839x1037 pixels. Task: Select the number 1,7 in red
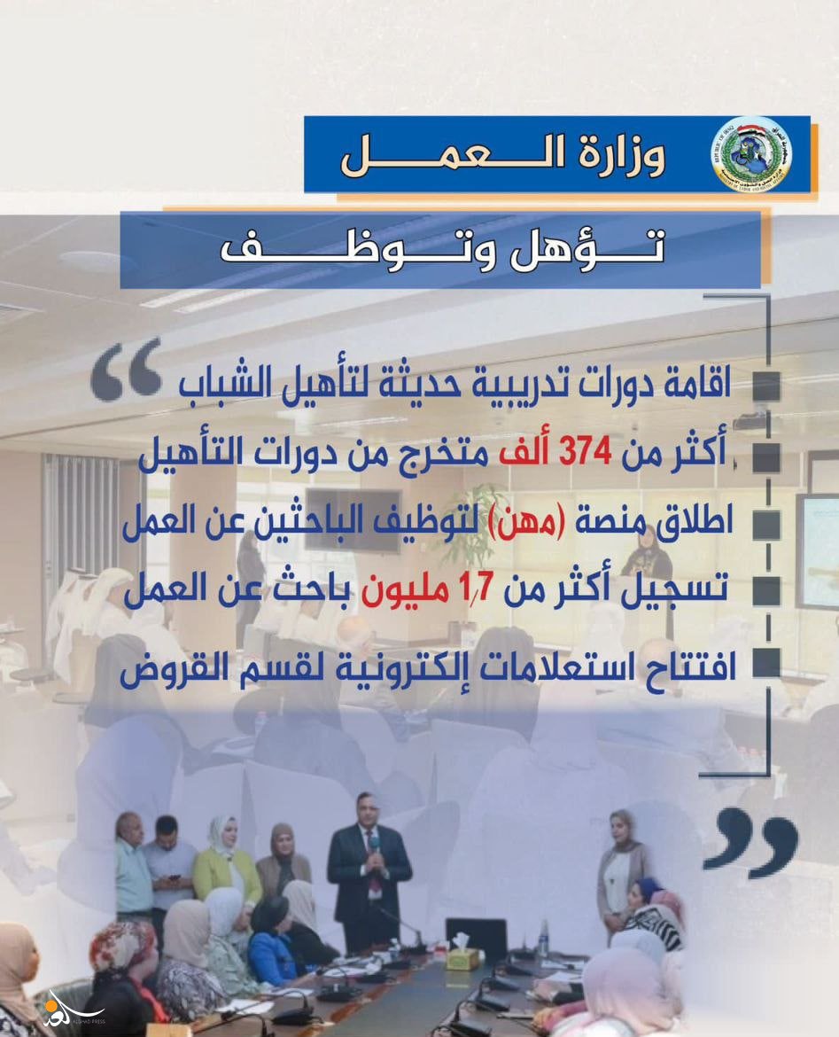(479, 588)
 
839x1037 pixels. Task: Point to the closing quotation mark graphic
(750, 845)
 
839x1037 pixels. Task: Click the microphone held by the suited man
(374, 848)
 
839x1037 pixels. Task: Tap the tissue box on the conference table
(462, 957)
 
